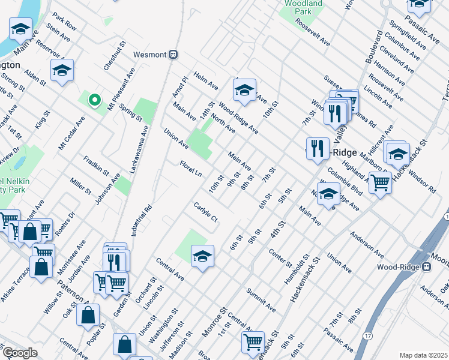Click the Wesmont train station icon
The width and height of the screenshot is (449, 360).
point(173,55)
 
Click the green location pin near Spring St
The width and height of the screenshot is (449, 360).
point(94,101)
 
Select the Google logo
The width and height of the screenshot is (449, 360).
point(20,353)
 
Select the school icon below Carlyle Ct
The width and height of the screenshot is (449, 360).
point(203,256)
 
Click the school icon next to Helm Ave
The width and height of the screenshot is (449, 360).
point(244,90)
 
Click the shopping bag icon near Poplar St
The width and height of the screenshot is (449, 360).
point(88,314)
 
